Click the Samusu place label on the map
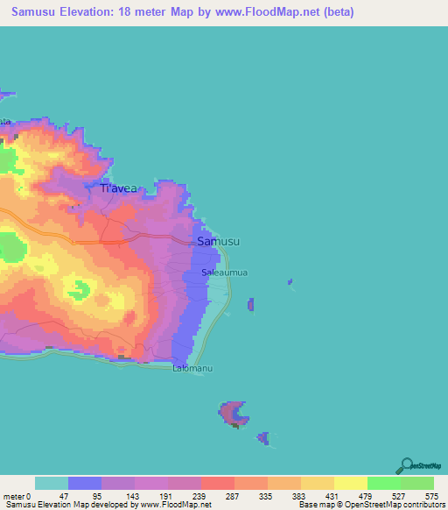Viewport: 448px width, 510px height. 219,241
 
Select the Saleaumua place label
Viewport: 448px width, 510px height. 224,273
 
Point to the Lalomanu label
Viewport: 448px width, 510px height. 192,369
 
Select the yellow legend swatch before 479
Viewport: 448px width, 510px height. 350,483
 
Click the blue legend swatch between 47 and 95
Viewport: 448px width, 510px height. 85,483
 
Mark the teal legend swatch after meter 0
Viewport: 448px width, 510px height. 51,483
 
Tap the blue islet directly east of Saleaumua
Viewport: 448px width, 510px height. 251,305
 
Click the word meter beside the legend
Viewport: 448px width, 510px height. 13,496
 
